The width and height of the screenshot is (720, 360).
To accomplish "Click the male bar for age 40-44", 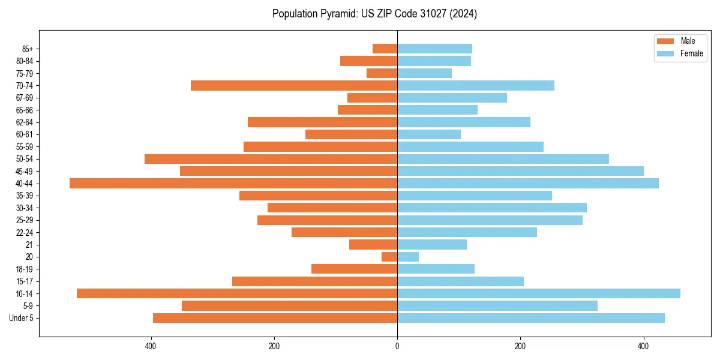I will pyautogui.click(x=233, y=183).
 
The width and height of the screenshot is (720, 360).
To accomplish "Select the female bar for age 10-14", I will pyautogui.click(x=538, y=293).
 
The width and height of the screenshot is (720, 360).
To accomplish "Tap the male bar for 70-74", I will pyautogui.click(x=294, y=85).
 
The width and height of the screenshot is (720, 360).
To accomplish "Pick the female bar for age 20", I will pyautogui.click(x=408, y=257).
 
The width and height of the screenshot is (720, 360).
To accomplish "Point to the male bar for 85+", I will pyautogui.click(x=385, y=49).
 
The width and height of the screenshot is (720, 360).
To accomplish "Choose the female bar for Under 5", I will pyautogui.click(x=530, y=318).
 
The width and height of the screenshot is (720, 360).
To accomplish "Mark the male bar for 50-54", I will pyautogui.click(x=271, y=159).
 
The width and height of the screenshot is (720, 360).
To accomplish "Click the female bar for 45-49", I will pyautogui.click(x=520, y=171).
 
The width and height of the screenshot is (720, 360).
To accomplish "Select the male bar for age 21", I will pyautogui.click(x=373, y=244).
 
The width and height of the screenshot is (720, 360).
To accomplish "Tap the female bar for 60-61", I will pyautogui.click(x=429, y=134).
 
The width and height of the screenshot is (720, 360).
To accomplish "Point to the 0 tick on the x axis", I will pyautogui.click(x=397, y=346).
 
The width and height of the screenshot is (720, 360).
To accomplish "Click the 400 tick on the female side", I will pyautogui.click(x=643, y=346).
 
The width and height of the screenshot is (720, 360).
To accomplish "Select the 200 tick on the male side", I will pyautogui.click(x=274, y=346).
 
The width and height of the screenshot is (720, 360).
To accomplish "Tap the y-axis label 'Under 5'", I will pyautogui.click(x=21, y=318).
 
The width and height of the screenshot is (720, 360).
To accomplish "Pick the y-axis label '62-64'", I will pyautogui.click(x=25, y=122).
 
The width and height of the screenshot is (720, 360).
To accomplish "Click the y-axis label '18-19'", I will pyautogui.click(x=25, y=269).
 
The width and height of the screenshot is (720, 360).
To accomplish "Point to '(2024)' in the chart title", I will pyautogui.click(x=465, y=14).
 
